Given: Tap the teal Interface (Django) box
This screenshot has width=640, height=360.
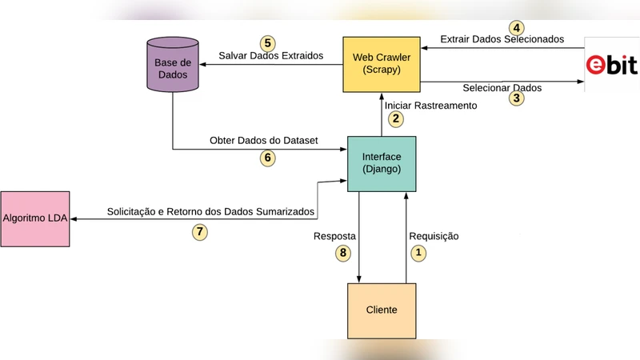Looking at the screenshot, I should tap(381, 163).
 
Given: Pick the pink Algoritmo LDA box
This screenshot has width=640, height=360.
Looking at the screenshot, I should tap(35, 218).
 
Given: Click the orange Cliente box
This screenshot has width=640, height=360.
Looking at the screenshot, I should tap(381, 310).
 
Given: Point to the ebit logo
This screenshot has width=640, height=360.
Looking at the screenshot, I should tap(612, 65).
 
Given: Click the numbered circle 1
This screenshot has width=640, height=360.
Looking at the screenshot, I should tap(418, 254).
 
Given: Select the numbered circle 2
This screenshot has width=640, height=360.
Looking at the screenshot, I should tap(395, 118).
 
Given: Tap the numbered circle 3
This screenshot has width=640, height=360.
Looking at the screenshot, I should tap(517, 99).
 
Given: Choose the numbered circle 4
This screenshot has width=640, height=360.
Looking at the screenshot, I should tap(517, 26).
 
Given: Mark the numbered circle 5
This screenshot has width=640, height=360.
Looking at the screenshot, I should tap(268, 42).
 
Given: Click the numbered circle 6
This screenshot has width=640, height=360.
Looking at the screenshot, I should tap(268, 158).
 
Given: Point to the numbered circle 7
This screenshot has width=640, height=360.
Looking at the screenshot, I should tap(201, 232).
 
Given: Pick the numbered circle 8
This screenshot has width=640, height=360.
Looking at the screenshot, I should tap(342, 254).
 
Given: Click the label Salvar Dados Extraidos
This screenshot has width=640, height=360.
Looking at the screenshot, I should tap(270, 56).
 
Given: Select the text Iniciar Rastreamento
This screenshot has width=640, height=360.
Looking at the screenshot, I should tap(430, 105).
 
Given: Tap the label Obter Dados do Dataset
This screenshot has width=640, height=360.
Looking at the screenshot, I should tap(264, 141).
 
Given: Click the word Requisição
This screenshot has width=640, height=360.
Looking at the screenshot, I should tap(434, 236).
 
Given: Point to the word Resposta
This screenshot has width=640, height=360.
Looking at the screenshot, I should tap(334, 237).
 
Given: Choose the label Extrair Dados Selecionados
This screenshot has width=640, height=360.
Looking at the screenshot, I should tap(502, 38).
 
